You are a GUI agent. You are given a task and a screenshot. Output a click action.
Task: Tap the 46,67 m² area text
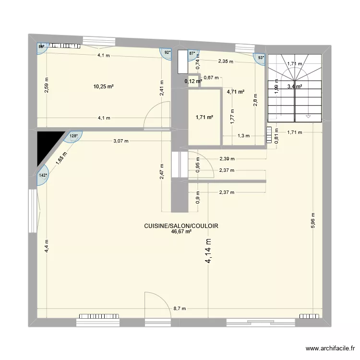click(x=181, y=231)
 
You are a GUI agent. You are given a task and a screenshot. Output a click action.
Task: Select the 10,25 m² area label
click(x=103, y=87)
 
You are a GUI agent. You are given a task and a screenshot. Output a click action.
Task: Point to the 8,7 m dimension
click(x=180, y=309)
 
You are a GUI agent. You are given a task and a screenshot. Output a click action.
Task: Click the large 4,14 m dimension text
click(x=209, y=252)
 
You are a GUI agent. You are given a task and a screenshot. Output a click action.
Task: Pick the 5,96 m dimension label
click(x=312, y=221)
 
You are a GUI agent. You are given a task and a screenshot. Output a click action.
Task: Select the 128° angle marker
click(x=73, y=136)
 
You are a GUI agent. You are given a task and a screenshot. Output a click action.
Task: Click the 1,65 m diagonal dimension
click(x=61, y=156)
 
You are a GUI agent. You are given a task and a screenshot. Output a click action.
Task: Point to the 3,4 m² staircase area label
click(x=294, y=87)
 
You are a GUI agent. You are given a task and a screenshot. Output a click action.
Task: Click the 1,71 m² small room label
click(x=204, y=117)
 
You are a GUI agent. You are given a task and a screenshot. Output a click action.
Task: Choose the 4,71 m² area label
click(x=236, y=92)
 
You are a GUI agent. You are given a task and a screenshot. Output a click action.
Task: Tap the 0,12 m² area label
click(x=193, y=81)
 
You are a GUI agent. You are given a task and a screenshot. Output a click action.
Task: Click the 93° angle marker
click(x=261, y=58)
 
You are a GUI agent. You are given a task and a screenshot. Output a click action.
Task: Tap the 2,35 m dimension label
click(x=226, y=61)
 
